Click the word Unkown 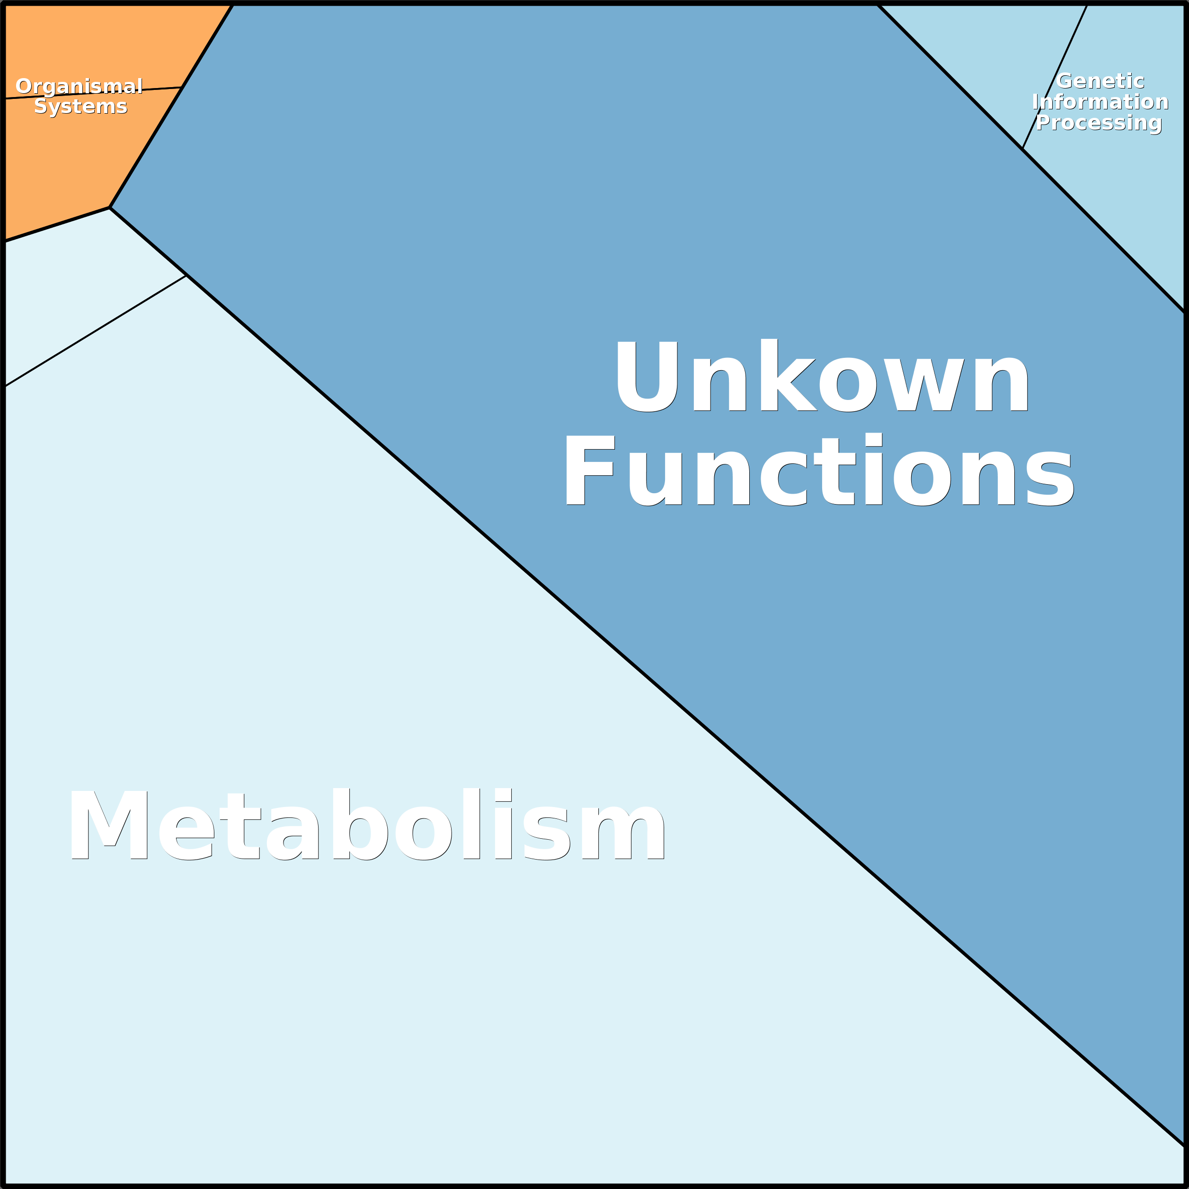coord(822,375)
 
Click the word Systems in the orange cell coord(80,106)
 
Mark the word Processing coord(1099,123)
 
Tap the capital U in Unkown coord(648,376)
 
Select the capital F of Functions coord(590,470)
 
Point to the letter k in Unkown coord(789,374)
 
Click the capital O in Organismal coord(25,86)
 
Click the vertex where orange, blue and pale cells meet coord(109,208)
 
